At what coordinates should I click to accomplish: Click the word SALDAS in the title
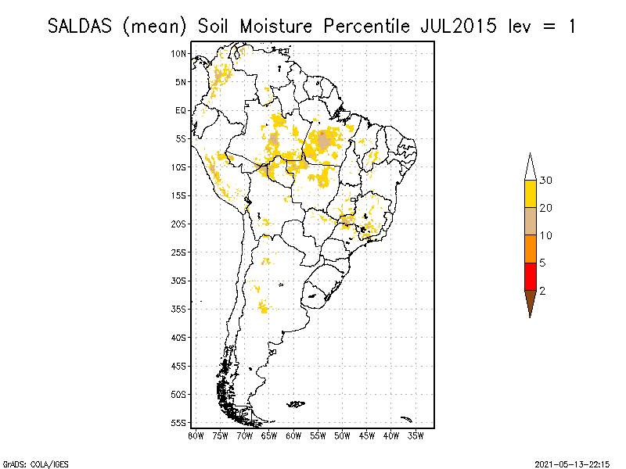point(81,26)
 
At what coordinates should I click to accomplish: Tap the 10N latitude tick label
point(179,53)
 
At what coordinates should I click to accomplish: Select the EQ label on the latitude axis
point(181,110)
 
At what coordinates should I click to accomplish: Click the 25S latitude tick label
point(179,252)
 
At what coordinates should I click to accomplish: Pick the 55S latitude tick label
point(179,422)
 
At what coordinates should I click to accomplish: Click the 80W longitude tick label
point(196,435)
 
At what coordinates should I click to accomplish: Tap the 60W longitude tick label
point(293,435)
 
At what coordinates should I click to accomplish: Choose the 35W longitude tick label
point(416,435)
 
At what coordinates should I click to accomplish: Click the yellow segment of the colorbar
point(530,194)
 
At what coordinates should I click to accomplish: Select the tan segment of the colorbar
point(530,221)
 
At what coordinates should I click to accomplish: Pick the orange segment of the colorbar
point(530,249)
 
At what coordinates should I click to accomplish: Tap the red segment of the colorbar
point(530,276)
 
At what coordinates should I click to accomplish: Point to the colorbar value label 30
point(546,181)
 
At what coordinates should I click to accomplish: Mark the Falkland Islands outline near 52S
point(296,404)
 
